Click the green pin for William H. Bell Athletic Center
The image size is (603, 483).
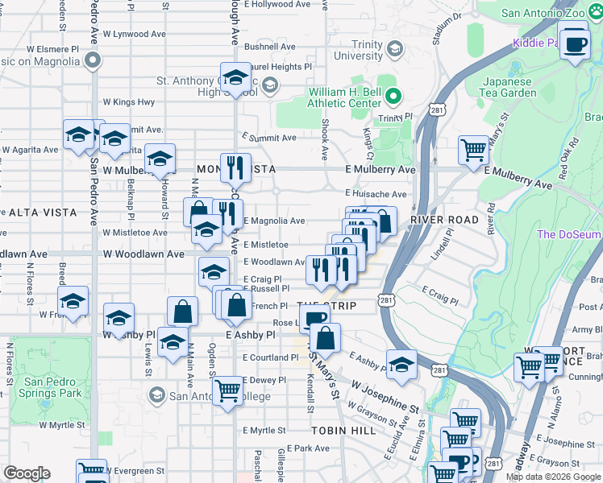coord(393,97)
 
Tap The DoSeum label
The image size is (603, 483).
coord(569,234)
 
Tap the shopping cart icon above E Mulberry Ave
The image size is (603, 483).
coord(474,150)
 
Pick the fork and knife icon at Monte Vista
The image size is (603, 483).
coord(235,167)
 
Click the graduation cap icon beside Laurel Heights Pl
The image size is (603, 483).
coord(235,78)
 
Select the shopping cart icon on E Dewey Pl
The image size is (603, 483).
coord(229,391)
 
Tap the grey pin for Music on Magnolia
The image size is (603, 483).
coord(94,60)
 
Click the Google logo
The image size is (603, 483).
coord(27,473)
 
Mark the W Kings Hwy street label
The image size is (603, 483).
coord(129,102)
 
